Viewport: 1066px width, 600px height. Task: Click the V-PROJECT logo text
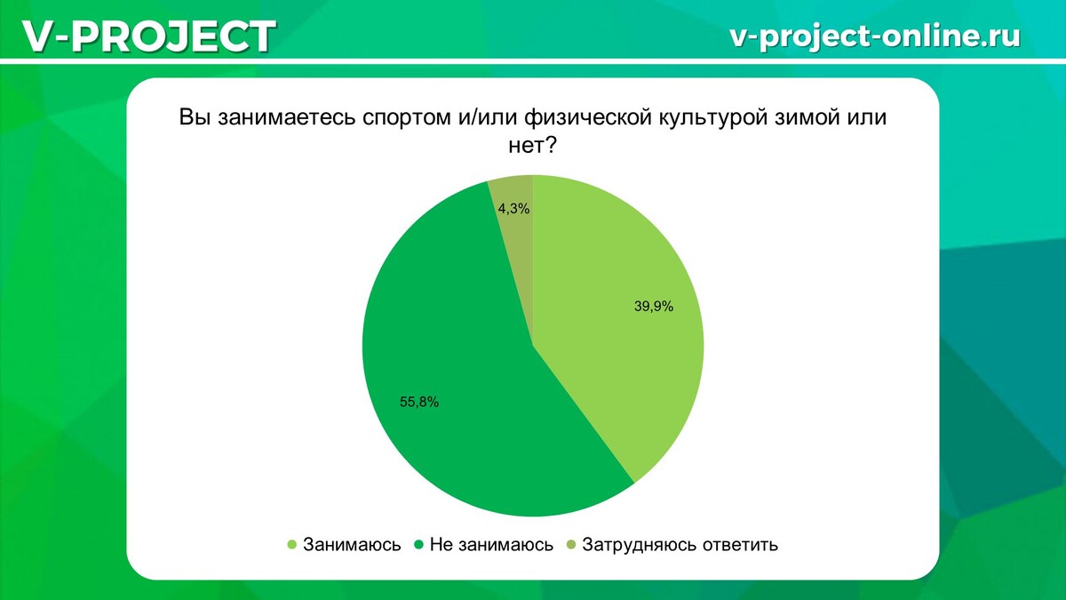147,36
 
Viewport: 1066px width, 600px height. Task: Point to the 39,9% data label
654,307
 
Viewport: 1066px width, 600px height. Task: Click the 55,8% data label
419,401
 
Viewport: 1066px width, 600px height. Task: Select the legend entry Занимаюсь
352,545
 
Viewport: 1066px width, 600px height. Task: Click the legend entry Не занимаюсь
491,545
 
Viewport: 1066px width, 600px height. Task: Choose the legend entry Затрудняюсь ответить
680,545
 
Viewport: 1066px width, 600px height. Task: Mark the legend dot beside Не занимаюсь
418,545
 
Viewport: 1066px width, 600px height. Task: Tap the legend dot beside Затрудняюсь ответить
571,545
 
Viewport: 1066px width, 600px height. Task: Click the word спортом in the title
408,118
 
